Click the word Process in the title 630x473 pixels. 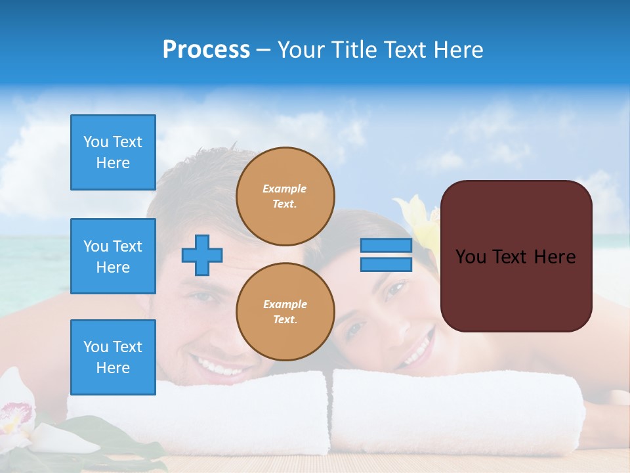click(206, 50)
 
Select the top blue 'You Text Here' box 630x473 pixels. click(113, 152)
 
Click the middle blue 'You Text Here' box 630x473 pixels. click(113, 256)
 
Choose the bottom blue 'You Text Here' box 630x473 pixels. click(113, 357)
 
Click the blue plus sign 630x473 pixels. click(202, 254)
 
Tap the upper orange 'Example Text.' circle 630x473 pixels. click(285, 196)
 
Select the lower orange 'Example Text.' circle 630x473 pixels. click(285, 312)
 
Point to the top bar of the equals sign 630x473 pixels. click(386, 246)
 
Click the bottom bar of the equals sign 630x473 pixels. click(386, 264)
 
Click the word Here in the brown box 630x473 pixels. click(555, 257)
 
